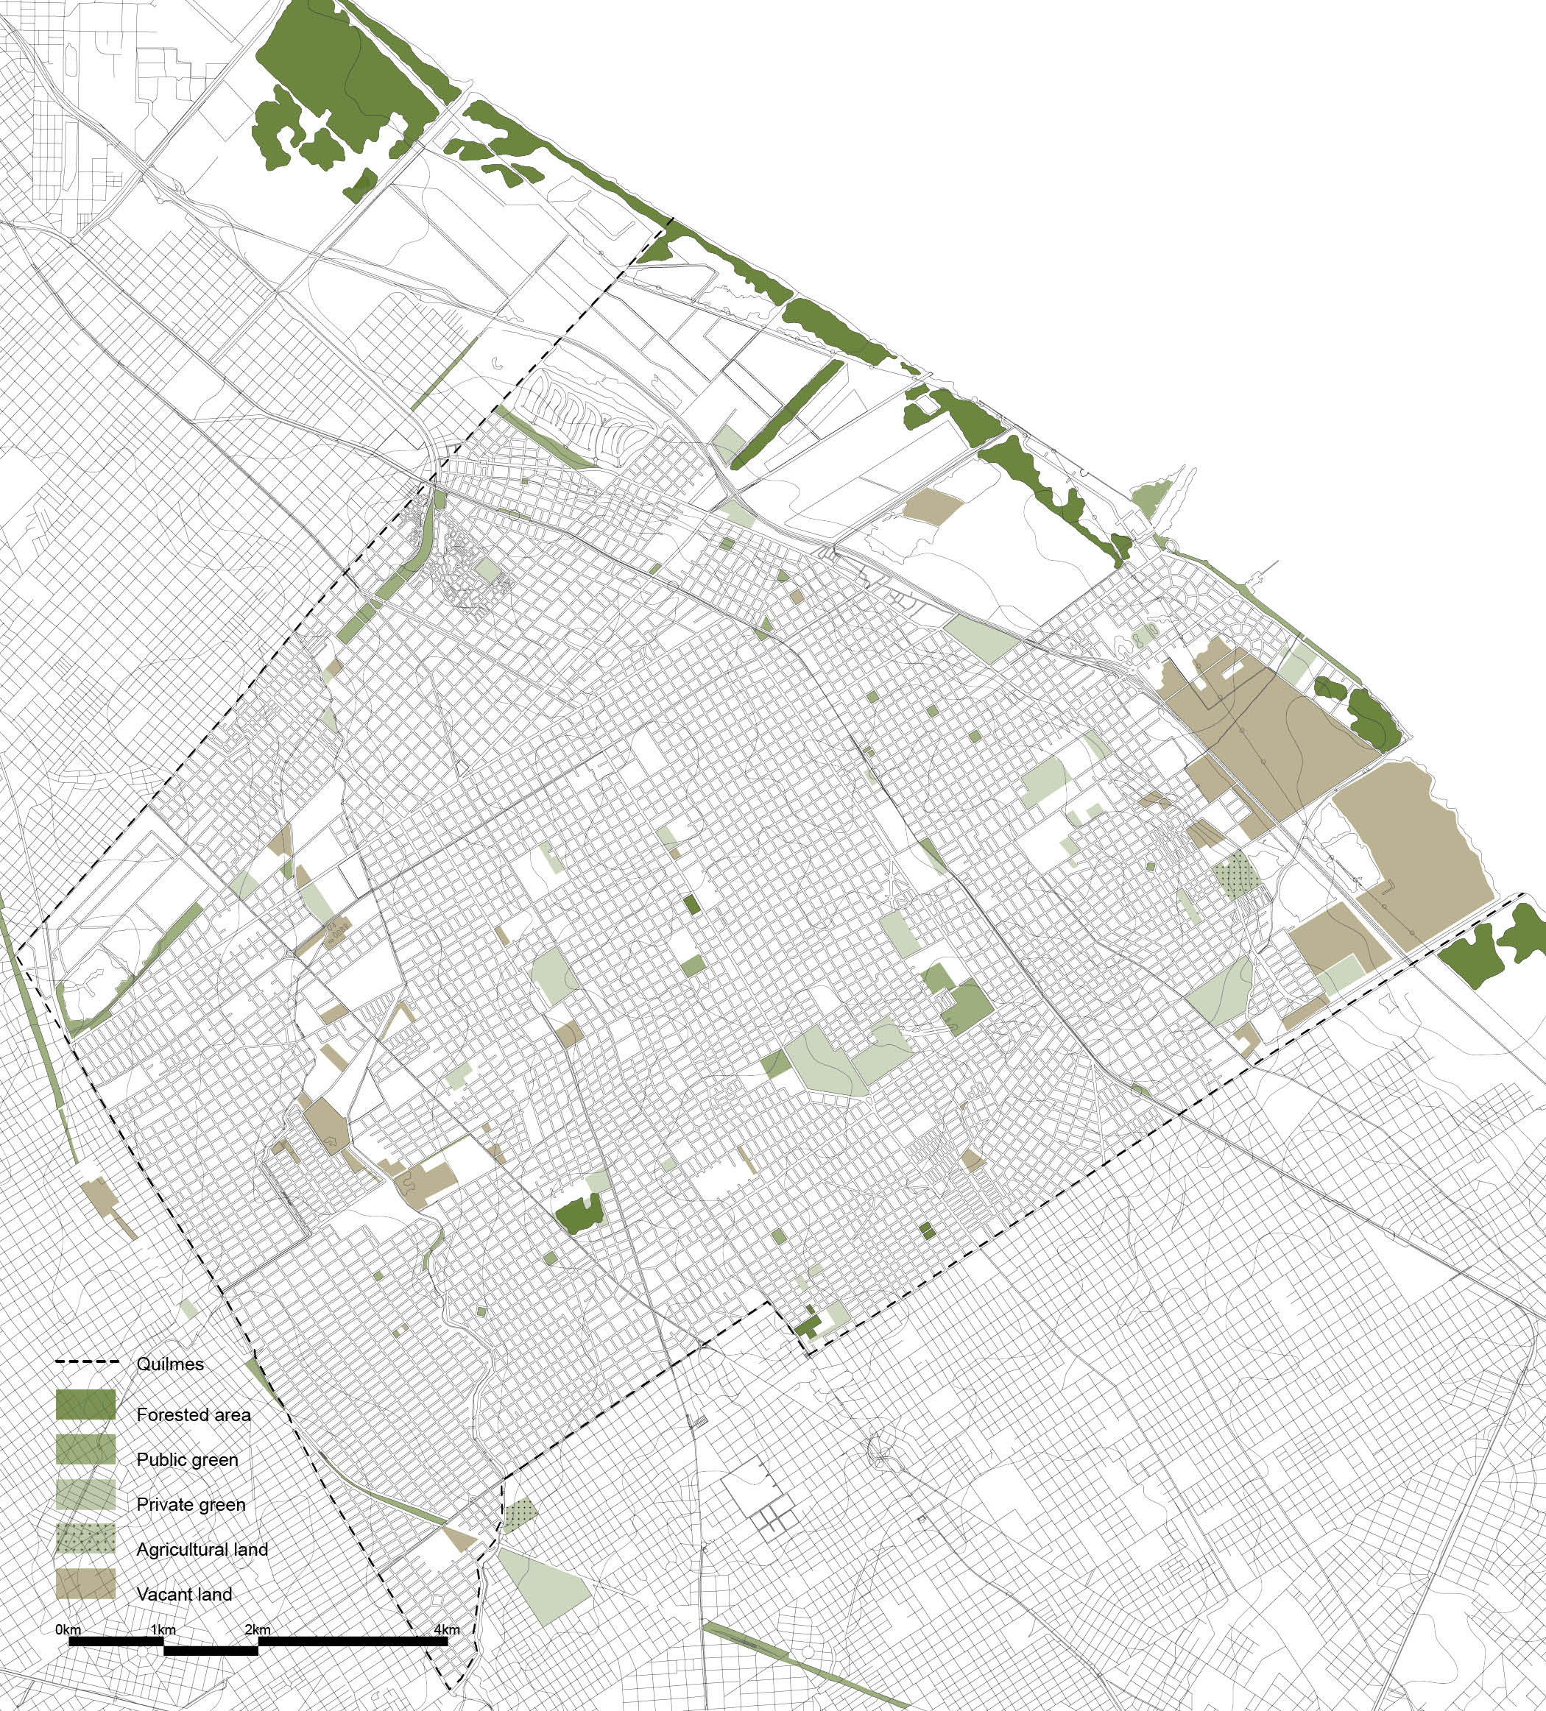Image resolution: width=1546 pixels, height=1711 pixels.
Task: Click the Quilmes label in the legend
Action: click(170, 1364)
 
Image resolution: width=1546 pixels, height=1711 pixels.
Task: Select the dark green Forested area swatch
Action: click(85, 1406)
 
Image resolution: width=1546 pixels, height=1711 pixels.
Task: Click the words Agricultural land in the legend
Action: click(202, 1550)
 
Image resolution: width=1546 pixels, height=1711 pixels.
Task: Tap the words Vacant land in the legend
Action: click(184, 1595)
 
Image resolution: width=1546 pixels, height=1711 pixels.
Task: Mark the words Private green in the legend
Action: click(191, 1505)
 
